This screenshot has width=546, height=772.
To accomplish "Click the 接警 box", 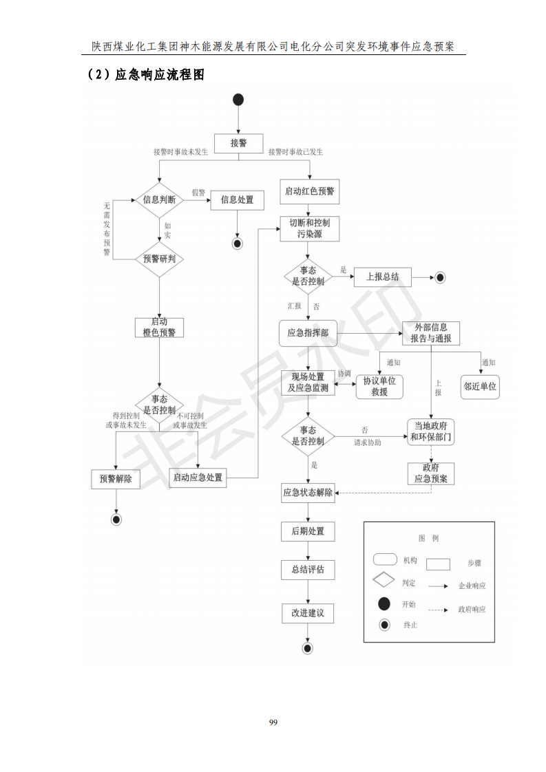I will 238,143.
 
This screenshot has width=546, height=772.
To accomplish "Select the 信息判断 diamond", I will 159,200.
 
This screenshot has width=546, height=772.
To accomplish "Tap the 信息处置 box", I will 237,200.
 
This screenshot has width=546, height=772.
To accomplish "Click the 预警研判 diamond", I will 159,259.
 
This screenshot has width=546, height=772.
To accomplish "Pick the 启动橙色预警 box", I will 159,327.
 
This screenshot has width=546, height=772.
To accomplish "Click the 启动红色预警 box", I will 309,191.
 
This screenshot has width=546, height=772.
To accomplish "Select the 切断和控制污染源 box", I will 309,228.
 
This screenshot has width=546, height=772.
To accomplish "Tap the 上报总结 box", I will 382,277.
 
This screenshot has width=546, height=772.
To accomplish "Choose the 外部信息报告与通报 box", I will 431,334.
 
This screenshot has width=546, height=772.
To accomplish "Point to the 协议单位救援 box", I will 379,386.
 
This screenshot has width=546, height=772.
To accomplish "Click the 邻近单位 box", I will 479,386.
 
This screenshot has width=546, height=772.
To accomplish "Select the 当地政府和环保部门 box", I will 431,431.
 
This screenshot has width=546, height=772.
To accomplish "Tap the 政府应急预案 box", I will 431,473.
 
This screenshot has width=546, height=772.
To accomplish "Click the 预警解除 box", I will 116,479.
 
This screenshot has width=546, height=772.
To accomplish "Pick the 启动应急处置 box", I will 198,477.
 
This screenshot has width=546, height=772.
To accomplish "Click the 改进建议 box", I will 308,613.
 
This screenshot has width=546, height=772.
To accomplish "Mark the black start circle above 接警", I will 238,100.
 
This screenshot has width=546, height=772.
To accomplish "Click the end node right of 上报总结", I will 440,277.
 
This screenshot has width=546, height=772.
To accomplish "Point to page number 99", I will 273,722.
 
